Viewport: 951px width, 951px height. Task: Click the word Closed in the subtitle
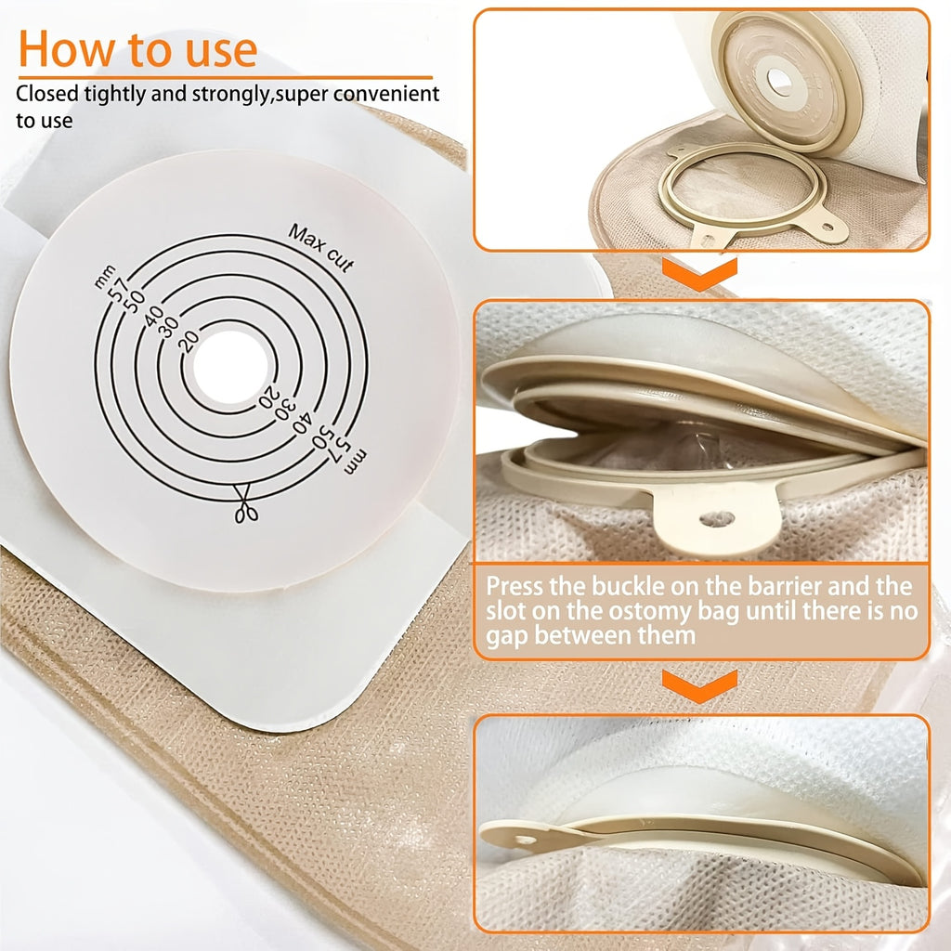(47, 94)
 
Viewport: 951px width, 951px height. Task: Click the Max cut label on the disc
(320, 248)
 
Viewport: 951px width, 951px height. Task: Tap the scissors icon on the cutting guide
(245, 503)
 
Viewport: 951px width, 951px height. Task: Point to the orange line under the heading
(225, 78)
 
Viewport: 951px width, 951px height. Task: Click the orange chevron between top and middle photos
(699, 274)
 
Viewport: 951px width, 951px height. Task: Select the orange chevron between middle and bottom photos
(699, 685)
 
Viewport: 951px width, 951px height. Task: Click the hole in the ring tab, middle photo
(717, 519)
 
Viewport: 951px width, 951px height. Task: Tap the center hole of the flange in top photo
(779, 80)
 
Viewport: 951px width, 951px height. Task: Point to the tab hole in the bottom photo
(526, 840)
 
